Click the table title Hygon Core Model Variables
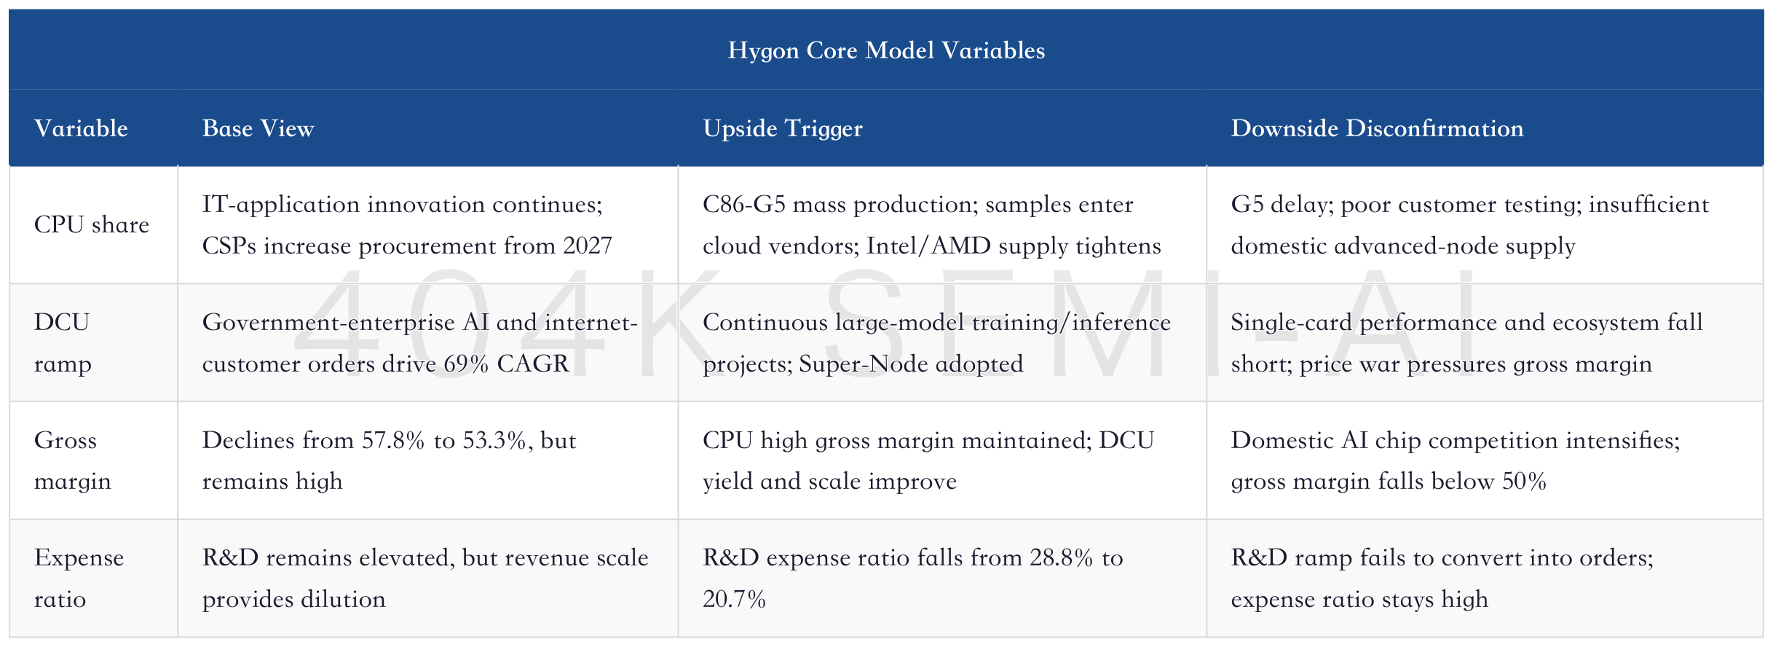pyautogui.click(x=886, y=50)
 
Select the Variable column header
pyautogui.click(x=81, y=128)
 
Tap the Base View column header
pyautogui.click(x=258, y=128)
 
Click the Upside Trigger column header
pyautogui.click(x=783, y=129)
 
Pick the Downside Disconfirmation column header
pyautogui.click(x=1377, y=128)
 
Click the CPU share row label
pyautogui.click(x=92, y=224)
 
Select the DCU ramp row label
pyautogui.click(x=63, y=342)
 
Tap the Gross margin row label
pyautogui.click(x=73, y=460)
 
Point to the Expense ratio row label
pyautogui.click(x=79, y=579)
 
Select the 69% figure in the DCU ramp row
pyautogui.click(x=466, y=364)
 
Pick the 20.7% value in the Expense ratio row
pyautogui.click(x=734, y=600)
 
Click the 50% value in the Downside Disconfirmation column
pyautogui.click(x=1524, y=482)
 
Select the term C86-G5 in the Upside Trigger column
pyautogui.click(x=744, y=205)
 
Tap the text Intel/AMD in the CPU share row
pyautogui.click(x=928, y=246)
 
